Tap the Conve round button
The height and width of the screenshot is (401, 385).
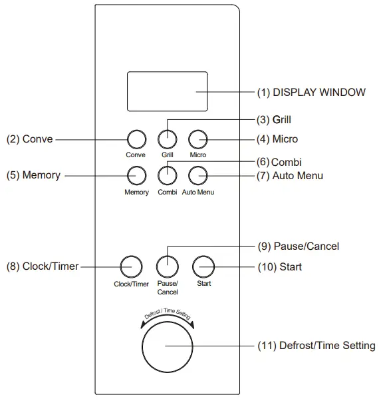pyautogui.click(x=136, y=139)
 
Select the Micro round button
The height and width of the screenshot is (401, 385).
pyautogui.click(x=198, y=139)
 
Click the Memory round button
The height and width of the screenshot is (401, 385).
pyautogui.click(x=136, y=175)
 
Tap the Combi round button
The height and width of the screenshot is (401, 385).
pyautogui.click(x=167, y=175)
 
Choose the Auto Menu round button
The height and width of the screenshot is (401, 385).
pyautogui.click(x=198, y=175)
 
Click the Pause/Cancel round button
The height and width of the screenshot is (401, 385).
pyautogui.click(x=167, y=266)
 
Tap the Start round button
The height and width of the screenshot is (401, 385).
pyautogui.click(x=203, y=266)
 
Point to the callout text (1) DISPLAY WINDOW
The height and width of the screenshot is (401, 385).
pyautogui.click(x=311, y=93)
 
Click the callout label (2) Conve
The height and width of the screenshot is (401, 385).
pyautogui.click(x=29, y=139)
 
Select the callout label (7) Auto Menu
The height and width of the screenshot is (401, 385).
pyautogui.click(x=290, y=176)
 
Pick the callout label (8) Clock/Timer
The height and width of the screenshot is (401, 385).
pyautogui.click(x=42, y=266)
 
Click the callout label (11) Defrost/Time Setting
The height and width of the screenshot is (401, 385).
pyautogui.click(x=316, y=346)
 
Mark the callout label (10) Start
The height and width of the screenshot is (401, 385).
pyautogui.click(x=279, y=266)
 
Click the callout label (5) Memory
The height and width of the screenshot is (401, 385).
pyautogui.click(x=33, y=176)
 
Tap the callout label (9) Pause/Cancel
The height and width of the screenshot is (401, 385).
pyautogui.click(x=298, y=246)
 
